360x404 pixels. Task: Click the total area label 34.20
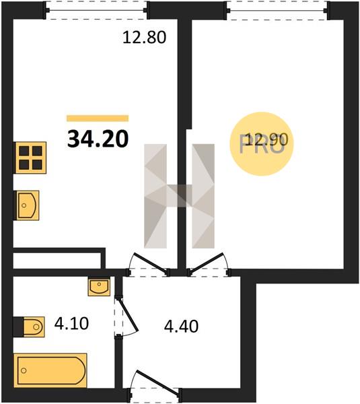click(x=98, y=139)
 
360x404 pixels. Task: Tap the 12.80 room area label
click(x=144, y=37)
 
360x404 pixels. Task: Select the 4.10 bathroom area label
click(x=71, y=324)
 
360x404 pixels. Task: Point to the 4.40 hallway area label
click(x=181, y=326)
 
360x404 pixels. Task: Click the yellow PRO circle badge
click(x=262, y=144)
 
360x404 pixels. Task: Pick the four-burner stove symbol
click(x=30, y=158)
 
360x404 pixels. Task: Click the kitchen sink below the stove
click(x=26, y=205)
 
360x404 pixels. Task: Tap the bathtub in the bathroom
click(x=50, y=370)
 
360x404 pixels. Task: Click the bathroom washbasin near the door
click(x=99, y=287)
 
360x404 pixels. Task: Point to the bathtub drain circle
click(x=24, y=371)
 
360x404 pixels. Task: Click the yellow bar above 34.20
click(x=98, y=119)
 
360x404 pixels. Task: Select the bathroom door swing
click(x=127, y=317)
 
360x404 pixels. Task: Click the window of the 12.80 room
click(x=96, y=10)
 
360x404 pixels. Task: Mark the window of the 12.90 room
click(x=278, y=10)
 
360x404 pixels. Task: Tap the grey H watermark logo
click(x=179, y=196)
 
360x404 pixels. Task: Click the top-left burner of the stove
click(x=24, y=151)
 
